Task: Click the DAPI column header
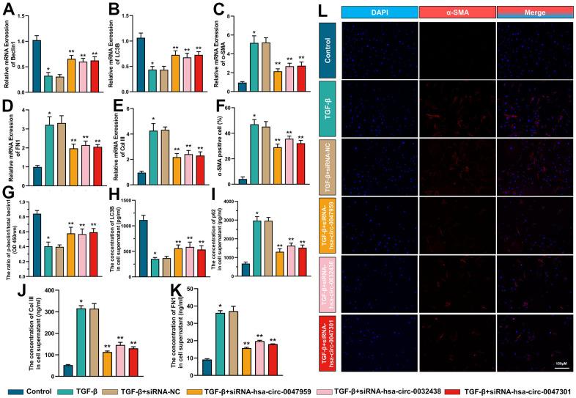(x=378, y=12)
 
